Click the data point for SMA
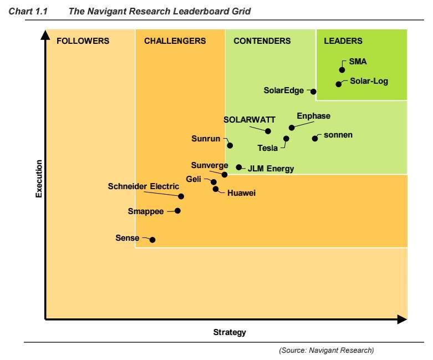[x=342, y=70]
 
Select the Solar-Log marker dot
[x=339, y=84]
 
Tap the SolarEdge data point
[x=313, y=92]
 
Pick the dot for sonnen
[x=315, y=138]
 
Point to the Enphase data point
[x=292, y=128]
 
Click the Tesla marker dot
[x=286, y=139]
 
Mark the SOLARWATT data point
[x=268, y=131]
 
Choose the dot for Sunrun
[x=230, y=145]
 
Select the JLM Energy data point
[x=239, y=167]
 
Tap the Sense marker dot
[x=152, y=240]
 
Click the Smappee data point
[x=177, y=211]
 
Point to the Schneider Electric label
[x=144, y=186]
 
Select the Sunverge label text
[x=210, y=165]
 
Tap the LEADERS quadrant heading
[x=343, y=41]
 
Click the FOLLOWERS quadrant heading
[x=83, y=41]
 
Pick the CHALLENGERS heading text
[x=175, y=41]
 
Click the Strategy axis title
[x=230, y=332]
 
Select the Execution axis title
[x=39, y=179]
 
